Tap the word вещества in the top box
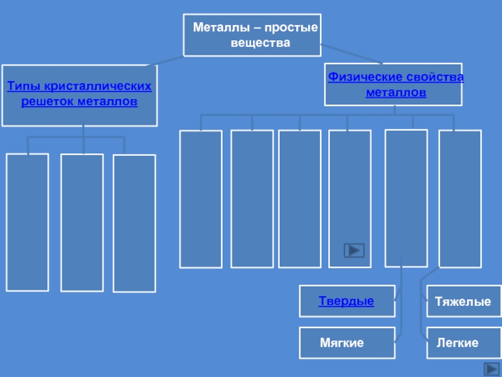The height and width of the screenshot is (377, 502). [260, 43]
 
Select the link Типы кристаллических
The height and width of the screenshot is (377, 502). [79, 85]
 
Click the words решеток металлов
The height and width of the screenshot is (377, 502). [79, 101]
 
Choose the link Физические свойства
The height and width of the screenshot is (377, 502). [396, 77]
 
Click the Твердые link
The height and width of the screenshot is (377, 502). [346, 302]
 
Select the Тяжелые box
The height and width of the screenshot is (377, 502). [463, 302]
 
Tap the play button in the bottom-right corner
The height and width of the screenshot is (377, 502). [491, 369]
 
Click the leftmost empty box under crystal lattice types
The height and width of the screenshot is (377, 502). [27, 222]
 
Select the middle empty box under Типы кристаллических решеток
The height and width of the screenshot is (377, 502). [82, 222]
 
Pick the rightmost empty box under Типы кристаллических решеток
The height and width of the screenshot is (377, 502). [134, 223]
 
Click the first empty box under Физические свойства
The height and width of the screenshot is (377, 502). [201, 199]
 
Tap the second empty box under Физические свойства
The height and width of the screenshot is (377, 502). [252, 199]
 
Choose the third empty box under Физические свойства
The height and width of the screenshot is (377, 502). [299, 199]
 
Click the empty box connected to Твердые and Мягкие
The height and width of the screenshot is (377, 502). [406, 198]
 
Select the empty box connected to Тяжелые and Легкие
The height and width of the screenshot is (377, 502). [460, 198]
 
